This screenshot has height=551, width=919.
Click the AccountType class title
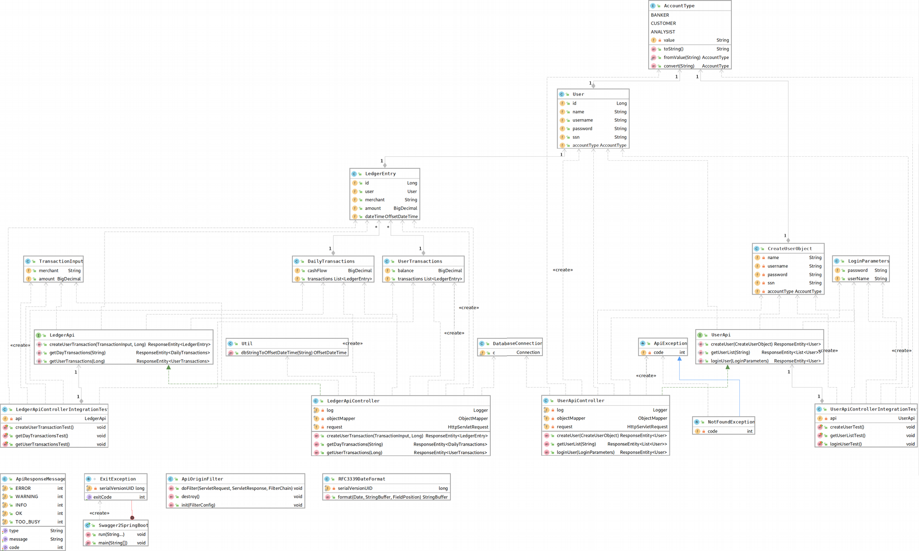coord(679,6)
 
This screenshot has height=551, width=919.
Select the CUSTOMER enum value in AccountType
coord(663,23)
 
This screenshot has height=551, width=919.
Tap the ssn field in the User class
coord(576,137)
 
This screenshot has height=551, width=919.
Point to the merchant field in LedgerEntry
coord(374,200)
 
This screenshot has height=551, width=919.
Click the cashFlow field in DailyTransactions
coord(317,271)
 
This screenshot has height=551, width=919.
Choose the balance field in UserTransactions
coord(405,271)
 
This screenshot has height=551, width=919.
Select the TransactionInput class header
coord(60,261)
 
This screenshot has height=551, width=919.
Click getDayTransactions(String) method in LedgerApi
coord(77,353)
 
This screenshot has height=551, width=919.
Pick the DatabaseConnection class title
coord(517,344)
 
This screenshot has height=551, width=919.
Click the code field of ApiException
coord(658,353)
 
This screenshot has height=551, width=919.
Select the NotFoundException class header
coord(731,422)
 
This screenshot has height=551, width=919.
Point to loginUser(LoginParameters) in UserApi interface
coord(739,361)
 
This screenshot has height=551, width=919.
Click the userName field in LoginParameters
coord(858,279)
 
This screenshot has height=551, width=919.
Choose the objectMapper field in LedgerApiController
coord(341,419)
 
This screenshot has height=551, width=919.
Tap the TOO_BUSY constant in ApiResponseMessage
coord(27,522)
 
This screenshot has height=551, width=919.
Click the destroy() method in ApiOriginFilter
coord(190,497)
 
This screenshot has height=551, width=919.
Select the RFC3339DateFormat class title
coord(361,479)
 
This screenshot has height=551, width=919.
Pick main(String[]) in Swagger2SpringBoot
coord(112,543)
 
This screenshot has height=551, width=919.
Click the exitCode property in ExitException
coord(102,497)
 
